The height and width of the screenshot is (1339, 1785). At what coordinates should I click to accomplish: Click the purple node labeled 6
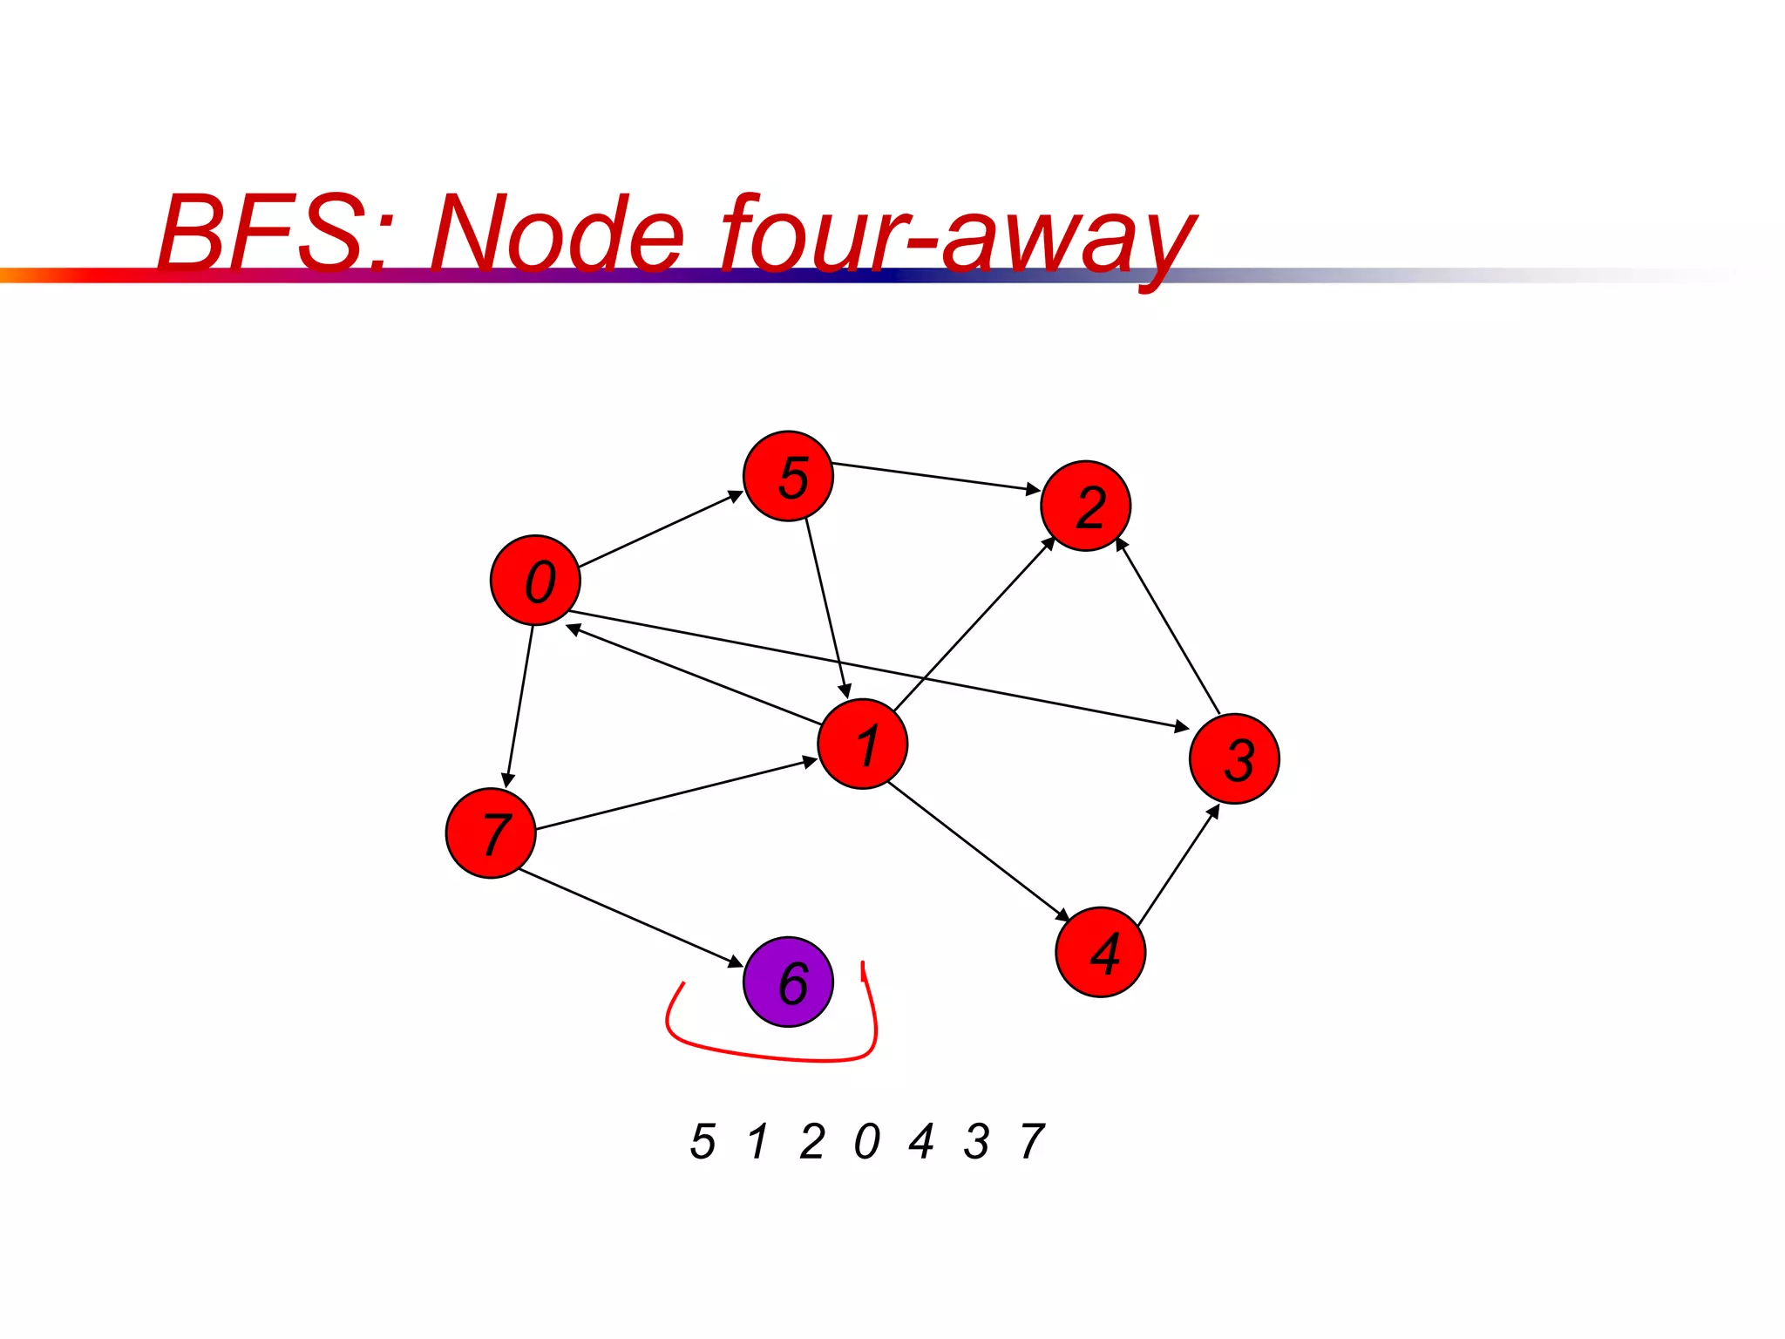coord(788,982)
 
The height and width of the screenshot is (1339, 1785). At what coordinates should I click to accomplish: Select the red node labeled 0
coord(535,580)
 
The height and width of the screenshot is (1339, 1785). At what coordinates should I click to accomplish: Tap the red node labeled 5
coord(788,476)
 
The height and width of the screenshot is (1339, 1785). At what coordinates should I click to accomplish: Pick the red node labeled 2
coord(1086,506)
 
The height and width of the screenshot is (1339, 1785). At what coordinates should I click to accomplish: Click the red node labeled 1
coord(863,744)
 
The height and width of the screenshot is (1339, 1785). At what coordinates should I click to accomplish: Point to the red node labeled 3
coord(1234,758)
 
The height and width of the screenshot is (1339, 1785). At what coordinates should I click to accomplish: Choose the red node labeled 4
coord(1101,952)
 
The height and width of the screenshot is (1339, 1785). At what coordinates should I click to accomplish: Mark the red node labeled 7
coord(491,833)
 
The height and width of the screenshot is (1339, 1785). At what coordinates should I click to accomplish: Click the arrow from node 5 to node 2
coord(936,477)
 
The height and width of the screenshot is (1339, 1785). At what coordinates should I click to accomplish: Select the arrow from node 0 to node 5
coord(661,529)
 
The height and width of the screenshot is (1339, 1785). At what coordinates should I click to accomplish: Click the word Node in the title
coord(558,234)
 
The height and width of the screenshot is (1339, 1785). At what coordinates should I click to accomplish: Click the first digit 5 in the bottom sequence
coord(702,1141)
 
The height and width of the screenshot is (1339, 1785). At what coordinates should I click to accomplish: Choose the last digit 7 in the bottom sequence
coord(1032,1141)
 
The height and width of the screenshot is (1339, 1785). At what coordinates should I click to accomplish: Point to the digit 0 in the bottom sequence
coord(867,1141)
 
